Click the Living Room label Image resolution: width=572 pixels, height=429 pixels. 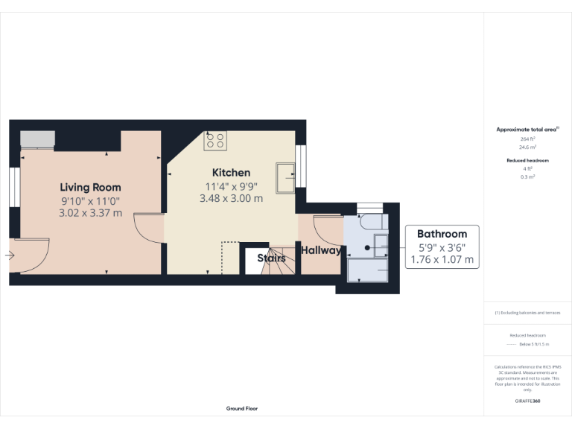(x=90, y=187)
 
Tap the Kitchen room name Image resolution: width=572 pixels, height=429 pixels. (x=231, y=173)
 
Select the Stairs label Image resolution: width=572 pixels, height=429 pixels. (x=271, y=258)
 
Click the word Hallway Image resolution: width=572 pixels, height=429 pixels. (x=321, y=251)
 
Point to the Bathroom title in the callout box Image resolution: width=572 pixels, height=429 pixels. (x=442, y=233)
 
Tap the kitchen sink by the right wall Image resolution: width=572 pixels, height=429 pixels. (x=285, y=176)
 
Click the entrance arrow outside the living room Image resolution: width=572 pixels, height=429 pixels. (x=9, y=255)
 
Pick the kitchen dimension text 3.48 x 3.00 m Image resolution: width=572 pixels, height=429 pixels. (x=231, y=199)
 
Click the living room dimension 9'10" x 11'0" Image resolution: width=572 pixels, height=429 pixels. (x=90, y=200)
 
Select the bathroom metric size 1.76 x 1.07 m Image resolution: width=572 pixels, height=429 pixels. (x=442, y=260)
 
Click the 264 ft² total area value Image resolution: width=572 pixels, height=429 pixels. (x=527, y=139)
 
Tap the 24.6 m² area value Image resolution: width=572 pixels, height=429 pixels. (x=527, y=147)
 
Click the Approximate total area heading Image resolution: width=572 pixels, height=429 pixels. (x=527, y=130)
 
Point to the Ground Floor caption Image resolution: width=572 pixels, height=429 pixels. (x=242, y=408)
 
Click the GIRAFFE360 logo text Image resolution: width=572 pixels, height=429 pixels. (x=527, y=401)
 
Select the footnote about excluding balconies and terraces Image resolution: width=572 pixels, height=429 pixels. (x=527, y=313)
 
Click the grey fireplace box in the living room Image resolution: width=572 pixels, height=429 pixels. (x=37, y=139)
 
